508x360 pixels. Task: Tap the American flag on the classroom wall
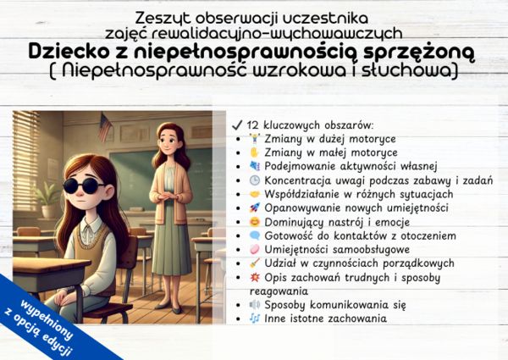coord(106,127)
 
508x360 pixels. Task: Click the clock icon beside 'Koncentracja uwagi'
coord(254,180)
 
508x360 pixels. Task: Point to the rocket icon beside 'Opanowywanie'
coord(254,208)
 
